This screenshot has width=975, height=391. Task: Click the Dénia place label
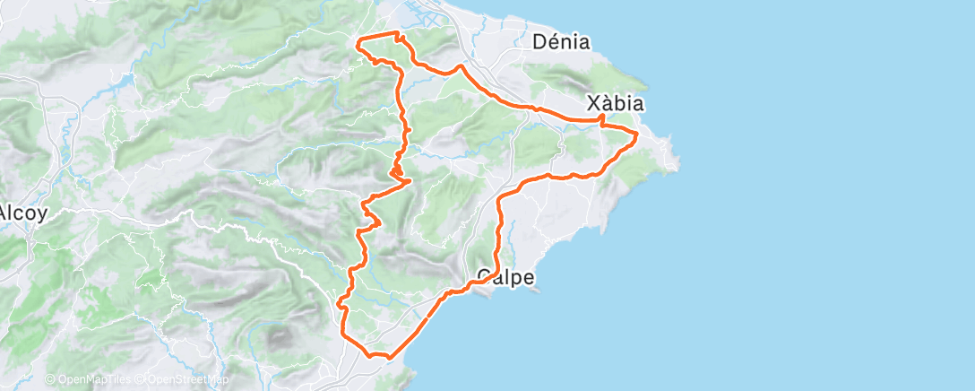click(x=561, y=41)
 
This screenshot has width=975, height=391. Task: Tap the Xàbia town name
click(x=616, y=103)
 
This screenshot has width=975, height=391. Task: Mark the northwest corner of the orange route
click(x=358, y=40)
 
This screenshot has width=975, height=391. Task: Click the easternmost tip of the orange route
click(x=636, y=135)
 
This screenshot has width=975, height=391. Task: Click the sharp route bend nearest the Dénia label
click(x=461, y=66)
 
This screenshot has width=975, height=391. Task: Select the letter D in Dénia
click(x=539, y=41)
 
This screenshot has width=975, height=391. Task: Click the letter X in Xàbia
click(x=593, y=103)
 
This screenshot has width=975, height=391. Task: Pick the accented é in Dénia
click(x=553, y=41)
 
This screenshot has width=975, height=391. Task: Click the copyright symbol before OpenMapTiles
click(x=50, y=379)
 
